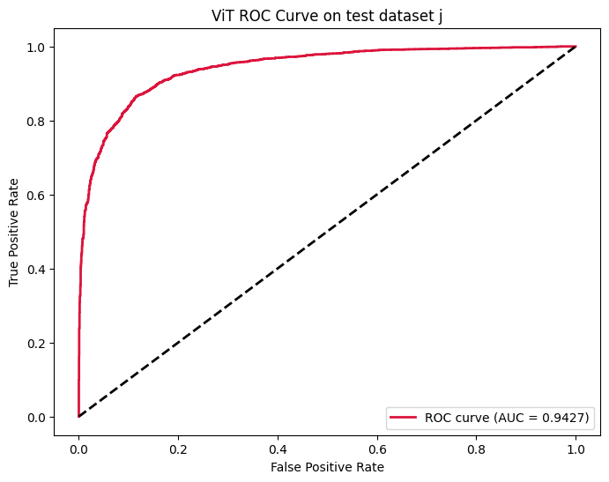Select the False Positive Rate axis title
click(x=327, y=465)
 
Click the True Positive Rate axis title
click(x=14, y=232)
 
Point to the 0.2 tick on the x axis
click(x=178, y=448)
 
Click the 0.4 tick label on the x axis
click(x=278, y=448)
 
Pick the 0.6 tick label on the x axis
click(x=377, y=448)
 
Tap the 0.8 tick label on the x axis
click(x=477, y=448)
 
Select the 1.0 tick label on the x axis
click(x=576, y=448)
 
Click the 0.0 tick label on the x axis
click(x=78, y=448)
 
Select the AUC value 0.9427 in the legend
click(x=564, y=417)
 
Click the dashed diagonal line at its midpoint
click(x=327, y=232)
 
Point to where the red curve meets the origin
click(x=78, y=416)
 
